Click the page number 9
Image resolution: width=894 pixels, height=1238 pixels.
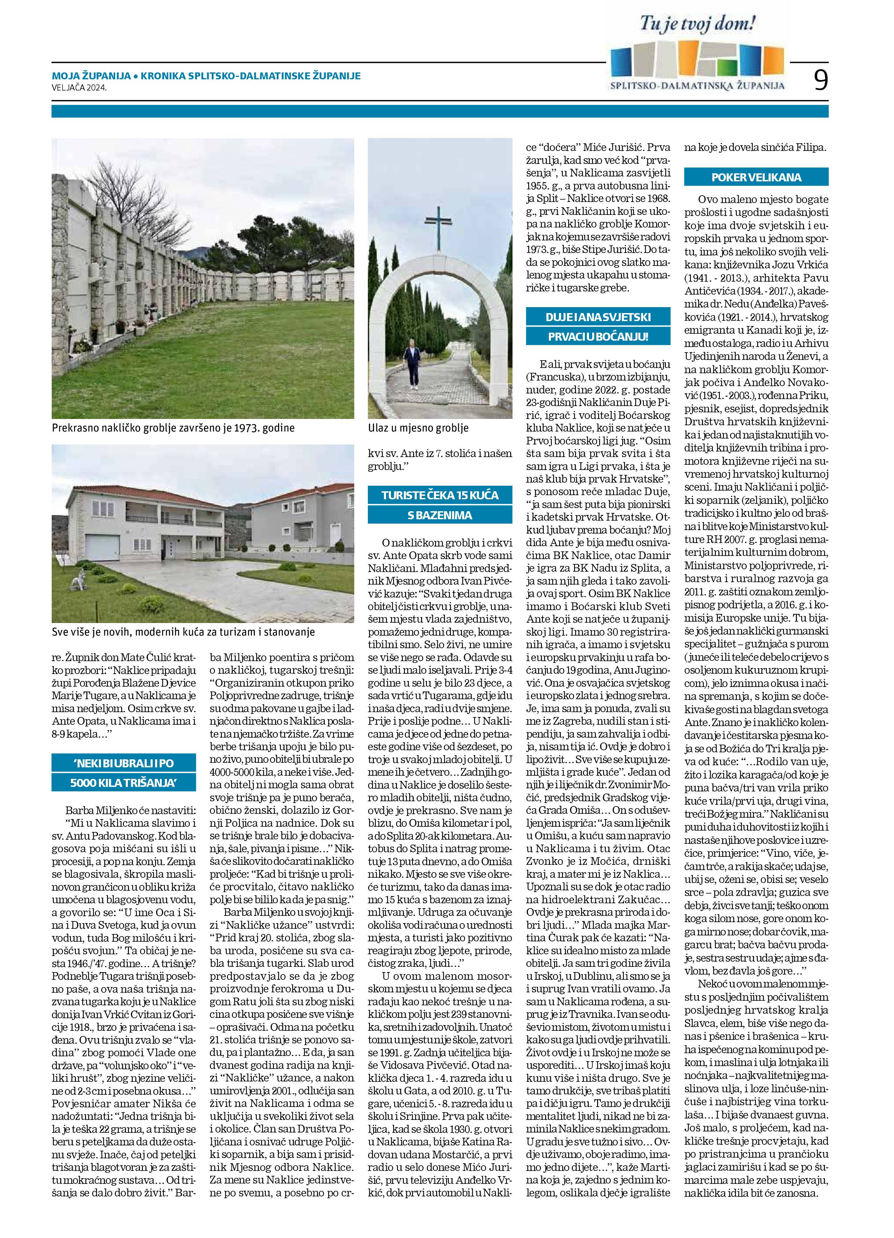pyautogui.click(x=820, y=81)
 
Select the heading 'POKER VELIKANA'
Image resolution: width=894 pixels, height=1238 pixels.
pyautogui.click(x=756, y=178)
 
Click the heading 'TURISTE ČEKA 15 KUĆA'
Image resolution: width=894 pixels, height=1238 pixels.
pyautogui.click(x=440, y=495)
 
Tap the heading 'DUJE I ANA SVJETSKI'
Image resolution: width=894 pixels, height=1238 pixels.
pyautogui.click(x=598, y=317)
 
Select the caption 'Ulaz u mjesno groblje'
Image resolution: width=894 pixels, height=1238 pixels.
pyautogui.click(x=418, y=428)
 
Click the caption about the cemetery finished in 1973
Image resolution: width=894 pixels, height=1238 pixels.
pyautogui.click(x=173, y=428)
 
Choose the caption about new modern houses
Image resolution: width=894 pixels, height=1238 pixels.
pyautogui.click(x=183, y=632)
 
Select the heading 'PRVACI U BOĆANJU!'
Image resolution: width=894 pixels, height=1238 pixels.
pyautogui.click(x=598, y=336)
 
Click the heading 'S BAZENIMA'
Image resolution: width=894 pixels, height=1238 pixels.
pyautogui.click(x=440, y=515)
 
